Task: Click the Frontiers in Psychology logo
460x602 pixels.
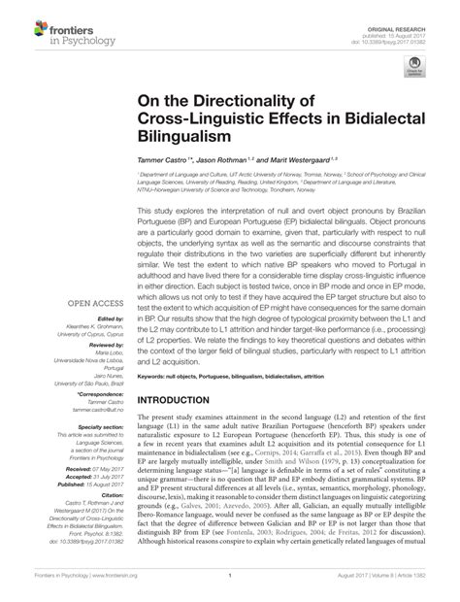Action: [58, 21]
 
